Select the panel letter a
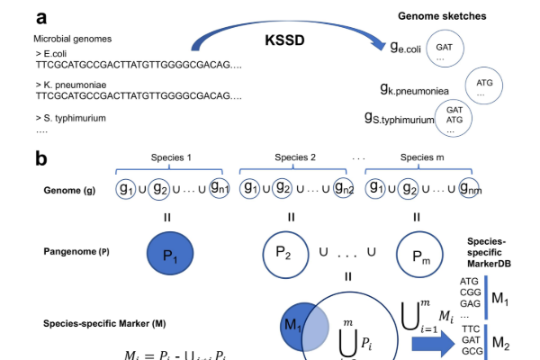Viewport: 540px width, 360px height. [42, 17]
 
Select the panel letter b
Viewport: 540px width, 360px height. [41, 159]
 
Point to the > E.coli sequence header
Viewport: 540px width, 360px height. [54, 54]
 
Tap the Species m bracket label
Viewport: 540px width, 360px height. [417, 158]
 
